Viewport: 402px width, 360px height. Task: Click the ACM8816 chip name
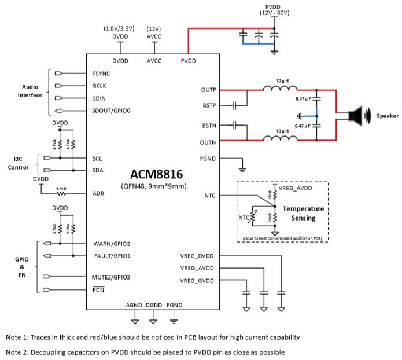153,174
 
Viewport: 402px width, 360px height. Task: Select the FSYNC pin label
101,74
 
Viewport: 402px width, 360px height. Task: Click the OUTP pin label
208,90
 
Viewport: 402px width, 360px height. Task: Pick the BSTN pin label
208,125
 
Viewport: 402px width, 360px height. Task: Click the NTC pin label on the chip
209,196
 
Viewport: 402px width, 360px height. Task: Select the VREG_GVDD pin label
197,281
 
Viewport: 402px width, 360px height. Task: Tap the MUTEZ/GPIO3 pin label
111,277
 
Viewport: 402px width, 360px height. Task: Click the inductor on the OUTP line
280,89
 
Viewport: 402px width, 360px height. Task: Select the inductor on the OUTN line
280,139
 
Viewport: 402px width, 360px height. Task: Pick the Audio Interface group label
29,91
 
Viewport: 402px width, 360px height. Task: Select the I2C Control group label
18,163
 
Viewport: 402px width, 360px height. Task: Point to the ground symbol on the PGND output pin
242,169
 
